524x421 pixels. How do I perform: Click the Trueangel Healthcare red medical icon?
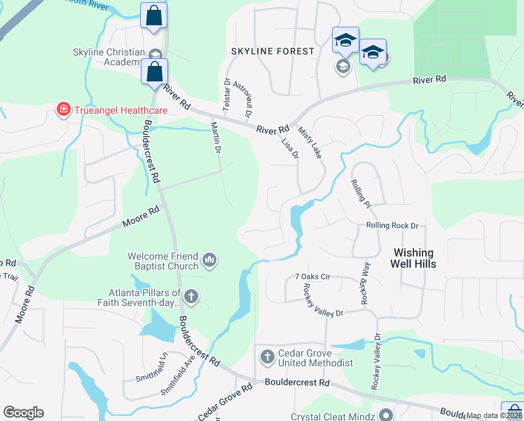(x=64, y=110)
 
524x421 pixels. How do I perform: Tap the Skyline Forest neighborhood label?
(x=273, y=51)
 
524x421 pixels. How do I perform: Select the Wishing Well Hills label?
(x=414, y=258)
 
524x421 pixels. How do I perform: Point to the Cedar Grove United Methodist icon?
(x=266, y=357)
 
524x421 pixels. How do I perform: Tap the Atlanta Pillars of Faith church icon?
(x=192, y=297)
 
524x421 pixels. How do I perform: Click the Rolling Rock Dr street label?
(x=392, y=226)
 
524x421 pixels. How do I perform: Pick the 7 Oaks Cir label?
(x=312, y=277)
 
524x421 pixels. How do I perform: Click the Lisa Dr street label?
(x=290, y=147)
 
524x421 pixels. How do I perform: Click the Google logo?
(x=23, y=413)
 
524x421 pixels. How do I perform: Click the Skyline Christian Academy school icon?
(x=156, y=55)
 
